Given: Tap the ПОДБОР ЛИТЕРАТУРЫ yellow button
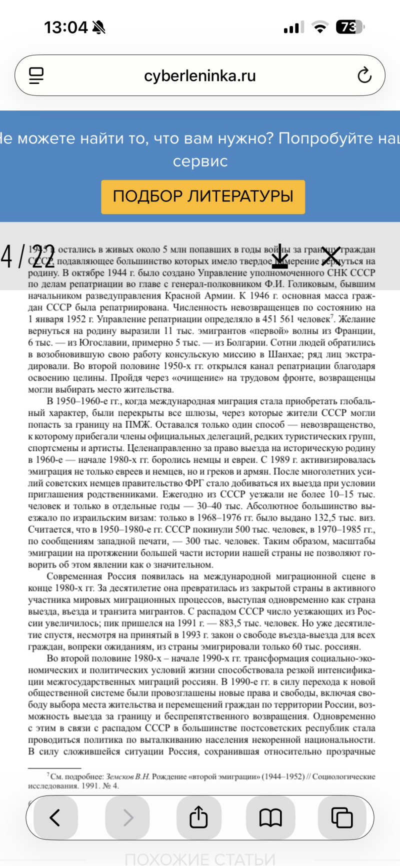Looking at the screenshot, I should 203,196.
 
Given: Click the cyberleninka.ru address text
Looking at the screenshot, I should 199,76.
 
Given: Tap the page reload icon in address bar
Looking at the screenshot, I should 364,75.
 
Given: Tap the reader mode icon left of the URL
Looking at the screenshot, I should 36,75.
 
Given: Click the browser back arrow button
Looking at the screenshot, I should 55,818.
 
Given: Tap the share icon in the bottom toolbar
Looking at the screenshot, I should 198,818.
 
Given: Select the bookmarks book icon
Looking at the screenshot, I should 270,818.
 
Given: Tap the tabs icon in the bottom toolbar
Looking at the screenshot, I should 342,818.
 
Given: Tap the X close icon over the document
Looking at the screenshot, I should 330,256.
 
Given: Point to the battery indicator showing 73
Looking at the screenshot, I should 350,27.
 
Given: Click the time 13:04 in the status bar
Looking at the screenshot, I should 65,27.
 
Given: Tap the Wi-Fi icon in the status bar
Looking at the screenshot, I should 319,27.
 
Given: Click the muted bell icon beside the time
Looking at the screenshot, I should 99,27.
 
